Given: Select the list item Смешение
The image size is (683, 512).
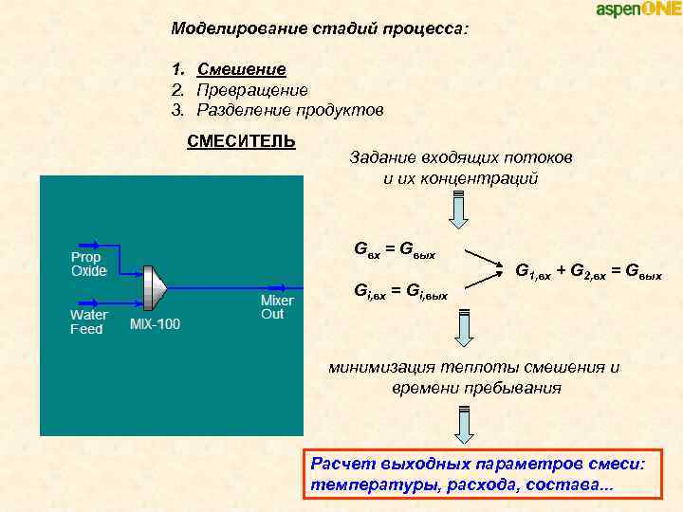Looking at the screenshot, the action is coord(241,69).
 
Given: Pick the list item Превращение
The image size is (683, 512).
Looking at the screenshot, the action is coord(252,90).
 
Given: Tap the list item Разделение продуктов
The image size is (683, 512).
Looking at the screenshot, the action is coord(290,111).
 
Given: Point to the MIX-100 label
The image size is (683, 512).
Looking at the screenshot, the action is coord(155,324).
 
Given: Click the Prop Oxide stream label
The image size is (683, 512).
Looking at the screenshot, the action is coord(89,264).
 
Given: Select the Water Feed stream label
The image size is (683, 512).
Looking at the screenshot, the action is coord(88,321).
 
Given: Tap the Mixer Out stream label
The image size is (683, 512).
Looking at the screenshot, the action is coord(277,306).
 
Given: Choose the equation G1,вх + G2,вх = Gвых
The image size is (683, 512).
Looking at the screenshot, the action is coord(587,272).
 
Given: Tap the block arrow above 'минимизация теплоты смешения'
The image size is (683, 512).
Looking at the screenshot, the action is coord(465,329).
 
